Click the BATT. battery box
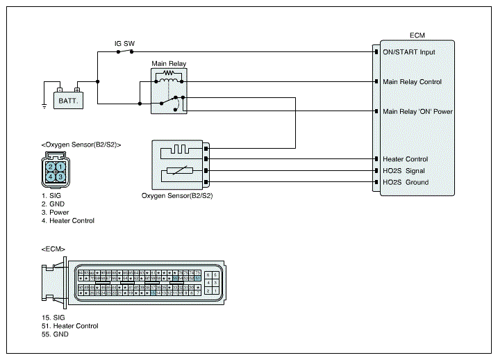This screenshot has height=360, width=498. point(68,101)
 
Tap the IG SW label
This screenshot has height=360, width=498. point(124,43)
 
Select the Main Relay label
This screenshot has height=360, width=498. point(169,64)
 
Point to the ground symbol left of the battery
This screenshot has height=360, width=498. point(44,106)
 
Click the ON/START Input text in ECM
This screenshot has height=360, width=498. point(408,52)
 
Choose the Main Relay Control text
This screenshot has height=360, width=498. point(412,82)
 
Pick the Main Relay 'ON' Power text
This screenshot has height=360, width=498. point(417,111)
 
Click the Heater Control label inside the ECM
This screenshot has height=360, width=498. point(405,159)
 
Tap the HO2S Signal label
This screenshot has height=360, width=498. point(404,171)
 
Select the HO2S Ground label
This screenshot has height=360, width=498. point(405,183)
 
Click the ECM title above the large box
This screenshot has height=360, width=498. point(417,35)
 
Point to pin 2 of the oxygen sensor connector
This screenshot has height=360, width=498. point(51,167)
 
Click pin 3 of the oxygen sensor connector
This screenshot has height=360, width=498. point(61,177)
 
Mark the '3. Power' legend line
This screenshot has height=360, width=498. point(55,213)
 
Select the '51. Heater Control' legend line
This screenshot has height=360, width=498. point(69,326)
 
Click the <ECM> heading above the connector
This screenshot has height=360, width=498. point(53,248)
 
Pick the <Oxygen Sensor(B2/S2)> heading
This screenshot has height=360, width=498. point(81,145)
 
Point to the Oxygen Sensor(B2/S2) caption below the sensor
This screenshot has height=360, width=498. point(176,196)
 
